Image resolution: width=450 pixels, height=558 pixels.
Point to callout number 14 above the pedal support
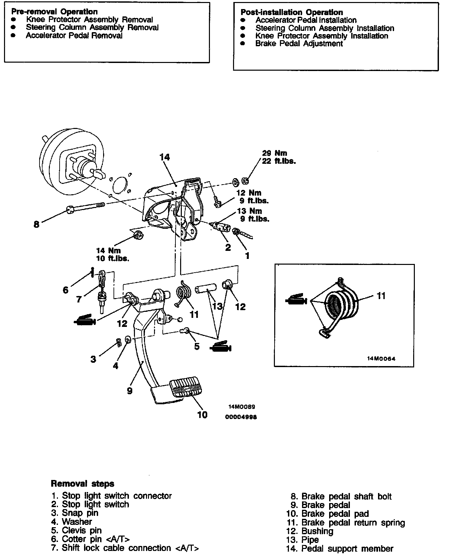coord(165,157)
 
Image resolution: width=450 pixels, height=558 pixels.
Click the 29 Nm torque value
coord(275,153)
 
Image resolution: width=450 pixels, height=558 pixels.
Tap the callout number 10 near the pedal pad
coord(202,415)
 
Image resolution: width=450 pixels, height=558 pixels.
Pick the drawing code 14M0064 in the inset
coord(381,358)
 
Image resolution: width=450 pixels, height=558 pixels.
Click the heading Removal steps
coord(82,484)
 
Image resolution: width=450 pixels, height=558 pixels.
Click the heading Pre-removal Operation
coord(55,12)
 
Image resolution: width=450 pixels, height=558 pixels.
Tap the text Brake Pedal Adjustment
coord(299,44)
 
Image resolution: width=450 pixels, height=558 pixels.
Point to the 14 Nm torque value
coord(108,251)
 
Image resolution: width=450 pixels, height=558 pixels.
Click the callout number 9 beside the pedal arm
coord(130,391)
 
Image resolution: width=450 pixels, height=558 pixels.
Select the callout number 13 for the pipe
coord(217,306)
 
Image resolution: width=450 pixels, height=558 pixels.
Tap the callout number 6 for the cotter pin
coord(66,290)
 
